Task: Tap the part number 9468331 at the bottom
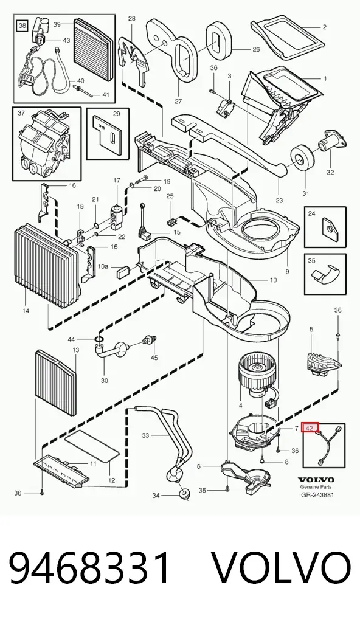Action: pyautogui.click(x=91, y=568)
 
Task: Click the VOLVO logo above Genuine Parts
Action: pyautogui.click(x=316, y=480)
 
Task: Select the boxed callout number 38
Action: pyautogui.click(x=22, y=26)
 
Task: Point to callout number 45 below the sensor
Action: pyautogui.click(x=154, y=358)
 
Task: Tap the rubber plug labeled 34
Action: pyautogui.click(x=183, y=494)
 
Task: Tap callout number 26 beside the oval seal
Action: pyautogui.click(x=256, y=50)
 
